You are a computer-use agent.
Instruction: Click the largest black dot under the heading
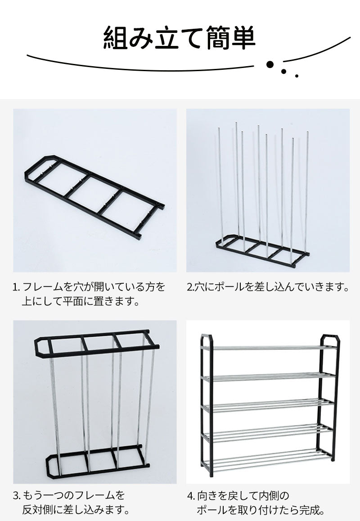pyautogui.click(x=270, y=64)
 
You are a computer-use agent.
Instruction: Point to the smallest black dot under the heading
pyautogui.click(x=297, y=76)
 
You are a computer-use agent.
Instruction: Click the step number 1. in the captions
pyautogui.click(x=17, y=287)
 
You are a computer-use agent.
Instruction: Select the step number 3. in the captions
pyautogui.click(x=17, y=495)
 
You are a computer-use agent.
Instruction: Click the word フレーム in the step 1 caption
pyautogui.click(x=42, y=287)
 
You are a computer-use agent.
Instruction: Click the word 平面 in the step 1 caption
pyautogui.click(x=73, y=301)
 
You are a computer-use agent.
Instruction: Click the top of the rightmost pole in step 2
pyautogui.click(x=307, y=133)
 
